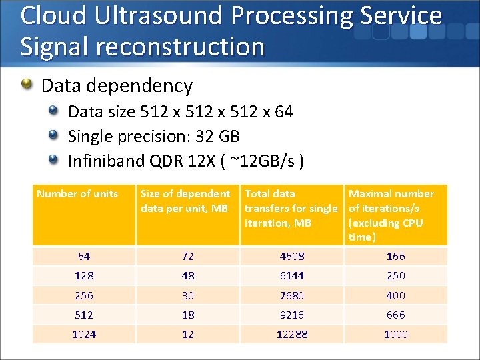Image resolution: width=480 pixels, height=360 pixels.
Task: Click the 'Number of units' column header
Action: [x=77, y=194]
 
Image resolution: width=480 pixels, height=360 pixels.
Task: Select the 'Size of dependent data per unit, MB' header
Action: [x=185, y=201]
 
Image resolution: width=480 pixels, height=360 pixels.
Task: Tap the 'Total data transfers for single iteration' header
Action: [x=291, y=208]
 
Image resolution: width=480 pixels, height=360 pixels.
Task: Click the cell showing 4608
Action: [x=291, y=256]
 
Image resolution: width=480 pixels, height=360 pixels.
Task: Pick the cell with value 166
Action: [x=395, y=256]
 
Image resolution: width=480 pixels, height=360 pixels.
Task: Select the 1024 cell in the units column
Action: [x=84, y=334]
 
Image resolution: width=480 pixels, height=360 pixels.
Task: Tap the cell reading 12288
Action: [x=291, y=334]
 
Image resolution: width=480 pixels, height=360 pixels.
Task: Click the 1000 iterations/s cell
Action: [x=395, y=334]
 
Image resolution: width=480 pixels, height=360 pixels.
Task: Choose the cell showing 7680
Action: [x=291, y=295]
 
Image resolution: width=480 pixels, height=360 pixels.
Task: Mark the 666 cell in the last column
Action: [x=395, y=315]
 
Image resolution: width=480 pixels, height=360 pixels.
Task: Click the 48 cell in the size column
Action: [x=187, y=275]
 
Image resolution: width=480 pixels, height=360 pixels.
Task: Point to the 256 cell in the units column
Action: [x=84, y=295]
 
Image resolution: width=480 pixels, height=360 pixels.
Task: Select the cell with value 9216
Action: [x=291, y=315]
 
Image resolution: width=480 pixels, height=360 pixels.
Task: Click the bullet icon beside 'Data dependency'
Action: [x=27, y=85]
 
